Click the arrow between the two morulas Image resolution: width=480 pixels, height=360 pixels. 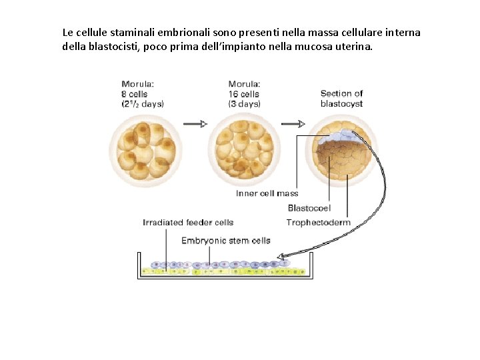coord(195,124)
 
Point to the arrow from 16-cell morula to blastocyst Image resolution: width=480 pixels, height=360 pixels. coord(292,124)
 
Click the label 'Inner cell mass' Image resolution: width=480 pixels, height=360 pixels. coord(267,193)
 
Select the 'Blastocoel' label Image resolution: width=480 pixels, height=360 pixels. coord(309,208)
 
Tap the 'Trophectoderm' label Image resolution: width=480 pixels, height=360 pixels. coord(318,223)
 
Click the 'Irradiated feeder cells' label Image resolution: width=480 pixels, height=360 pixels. coord(188,223)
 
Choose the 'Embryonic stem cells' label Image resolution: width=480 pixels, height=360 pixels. coord(226,240)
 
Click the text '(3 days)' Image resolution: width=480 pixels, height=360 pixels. coord(245,104)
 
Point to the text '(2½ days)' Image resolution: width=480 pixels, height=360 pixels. coord(142,104)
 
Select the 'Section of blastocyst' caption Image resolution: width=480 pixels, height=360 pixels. coord(341,99)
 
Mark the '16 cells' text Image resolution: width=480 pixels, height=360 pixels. coord(244,94)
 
